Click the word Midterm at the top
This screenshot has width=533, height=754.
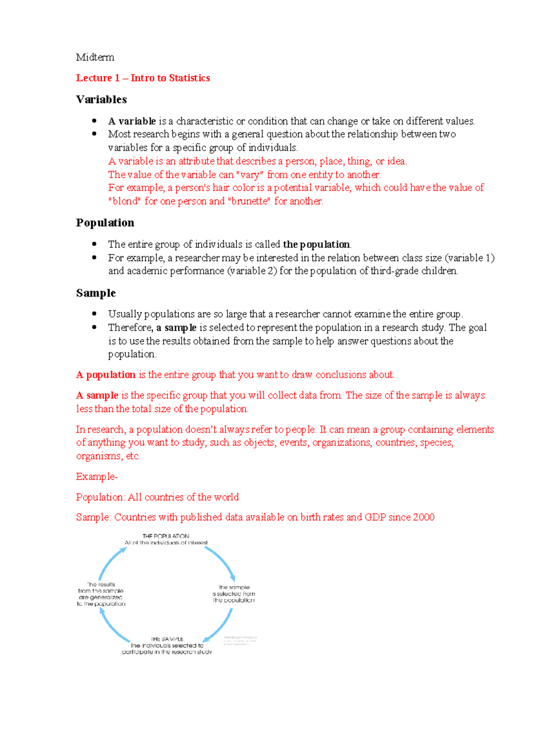[95, 57]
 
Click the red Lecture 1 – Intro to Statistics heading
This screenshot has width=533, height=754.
[143, 78]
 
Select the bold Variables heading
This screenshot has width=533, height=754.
[101, 99]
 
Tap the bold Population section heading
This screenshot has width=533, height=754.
[105, 223]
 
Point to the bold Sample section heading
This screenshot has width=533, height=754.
[95, 293]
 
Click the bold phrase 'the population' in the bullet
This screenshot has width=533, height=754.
[316, 244]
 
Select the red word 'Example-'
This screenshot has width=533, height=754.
[96, 477]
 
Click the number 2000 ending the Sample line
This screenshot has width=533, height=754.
[423, 517]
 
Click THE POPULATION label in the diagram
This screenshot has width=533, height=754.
[166, 536]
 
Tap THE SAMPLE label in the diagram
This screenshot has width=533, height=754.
[167, 639]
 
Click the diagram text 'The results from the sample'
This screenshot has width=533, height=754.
[101, 588]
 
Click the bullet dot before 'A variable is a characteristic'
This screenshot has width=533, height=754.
[94, 121]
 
